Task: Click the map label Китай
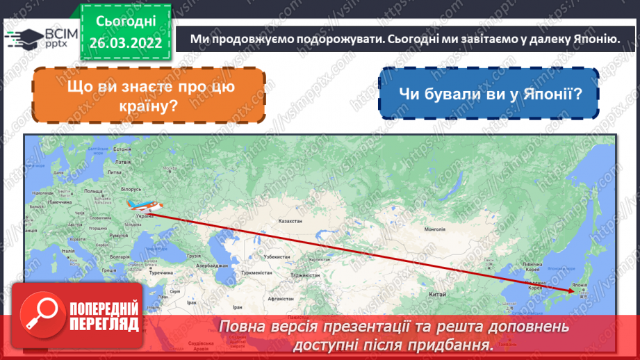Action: (x=437, y=295)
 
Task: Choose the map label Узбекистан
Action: (x=276, y=256)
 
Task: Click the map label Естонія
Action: (x=122, y=150)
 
